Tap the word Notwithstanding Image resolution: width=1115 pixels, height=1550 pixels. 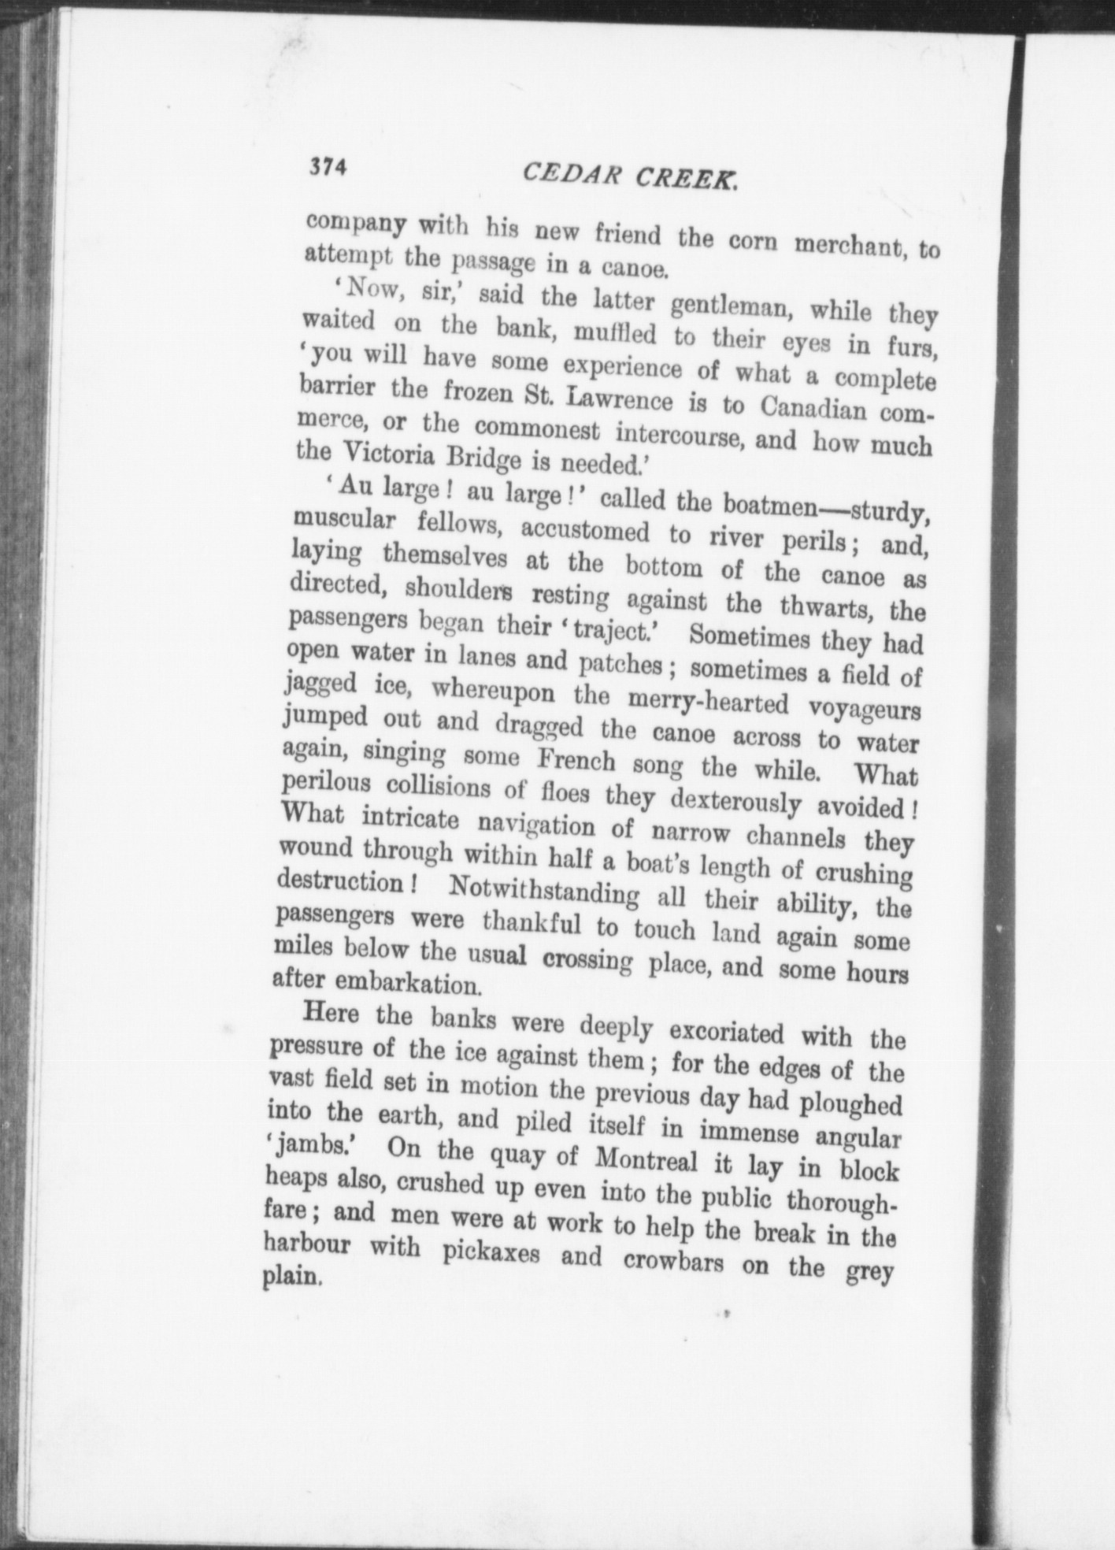(x=544, y=892)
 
